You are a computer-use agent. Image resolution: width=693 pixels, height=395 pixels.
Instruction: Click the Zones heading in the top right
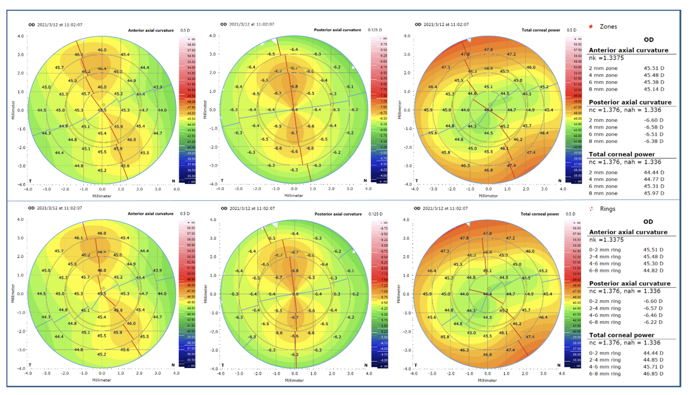click(608, 27)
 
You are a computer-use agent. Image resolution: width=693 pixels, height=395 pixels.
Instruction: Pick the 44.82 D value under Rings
click(653, 270)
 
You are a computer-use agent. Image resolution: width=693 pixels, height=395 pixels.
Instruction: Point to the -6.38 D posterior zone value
click(653, 141)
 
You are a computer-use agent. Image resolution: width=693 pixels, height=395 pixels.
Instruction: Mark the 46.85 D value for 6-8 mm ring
click(653, 374)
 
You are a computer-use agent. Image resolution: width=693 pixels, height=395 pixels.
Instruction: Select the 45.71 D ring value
click(653, 367)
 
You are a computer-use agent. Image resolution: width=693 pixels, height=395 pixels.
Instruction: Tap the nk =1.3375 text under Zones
click(606, 58)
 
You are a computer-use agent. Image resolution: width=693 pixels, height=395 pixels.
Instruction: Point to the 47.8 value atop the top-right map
click(488, 50)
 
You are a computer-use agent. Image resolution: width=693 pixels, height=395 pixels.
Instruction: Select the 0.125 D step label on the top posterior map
click(375, 30)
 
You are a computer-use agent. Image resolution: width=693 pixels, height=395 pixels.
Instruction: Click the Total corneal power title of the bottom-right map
click(539, 214)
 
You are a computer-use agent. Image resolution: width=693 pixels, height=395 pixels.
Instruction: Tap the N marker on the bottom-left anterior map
click(173, 365)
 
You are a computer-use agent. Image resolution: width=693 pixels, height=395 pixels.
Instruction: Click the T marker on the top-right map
click(417, 180)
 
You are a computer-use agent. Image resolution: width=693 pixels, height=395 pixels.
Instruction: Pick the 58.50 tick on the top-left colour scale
click(191, 45)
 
